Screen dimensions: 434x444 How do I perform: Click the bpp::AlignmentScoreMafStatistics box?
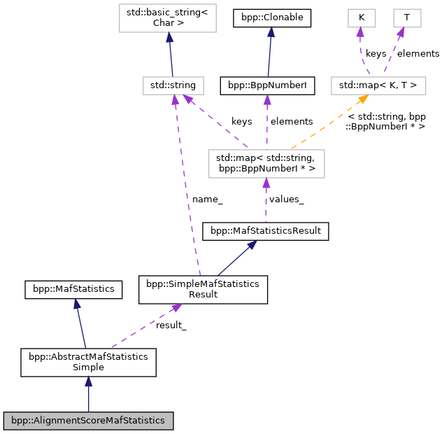tap(88, 421)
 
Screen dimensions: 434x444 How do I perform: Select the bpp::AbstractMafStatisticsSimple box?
tap(88, 362)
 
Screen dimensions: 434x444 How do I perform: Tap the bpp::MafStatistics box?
tap(73, 288)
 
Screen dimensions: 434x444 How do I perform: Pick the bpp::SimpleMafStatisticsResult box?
tap(203, 289)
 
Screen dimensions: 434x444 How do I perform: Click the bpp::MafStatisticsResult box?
tap(265, 230)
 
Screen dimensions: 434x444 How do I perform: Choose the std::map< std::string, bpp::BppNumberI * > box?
tap(265, 163)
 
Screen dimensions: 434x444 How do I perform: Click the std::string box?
tap(173, 85)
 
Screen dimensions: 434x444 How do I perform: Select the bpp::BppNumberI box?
tap(267, 85)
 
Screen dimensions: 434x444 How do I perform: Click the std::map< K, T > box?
tap(378, 85)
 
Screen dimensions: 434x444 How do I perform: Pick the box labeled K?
tap(361, 18)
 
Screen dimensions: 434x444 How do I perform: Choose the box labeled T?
tap(406, 18)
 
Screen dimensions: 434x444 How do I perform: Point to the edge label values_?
tap(286, 199)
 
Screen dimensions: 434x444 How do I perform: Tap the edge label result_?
tap(171, 325)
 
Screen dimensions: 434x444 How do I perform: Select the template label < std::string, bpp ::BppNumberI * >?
tap(386, 121)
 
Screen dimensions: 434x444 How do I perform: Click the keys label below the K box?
tap(375, 53)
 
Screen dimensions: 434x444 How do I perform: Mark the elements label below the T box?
tap(418, 53)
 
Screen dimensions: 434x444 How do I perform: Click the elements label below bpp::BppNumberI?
tap(292, 121)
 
